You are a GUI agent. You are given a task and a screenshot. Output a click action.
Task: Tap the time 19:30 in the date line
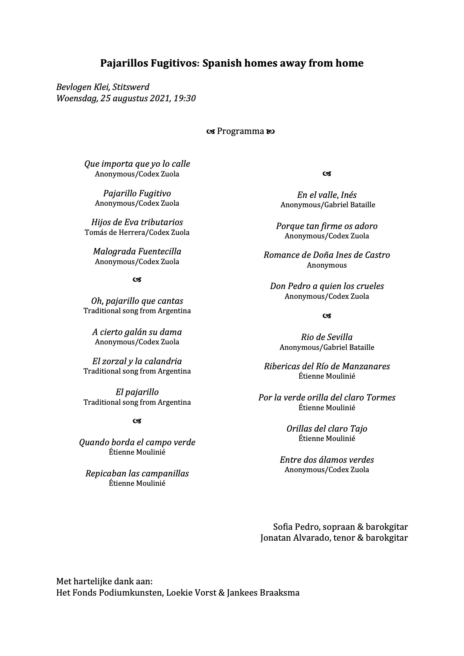(184, 98)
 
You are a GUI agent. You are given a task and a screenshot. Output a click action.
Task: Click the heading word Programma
(241, 131)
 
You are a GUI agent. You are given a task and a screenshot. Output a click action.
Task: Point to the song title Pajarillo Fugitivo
(137, 193)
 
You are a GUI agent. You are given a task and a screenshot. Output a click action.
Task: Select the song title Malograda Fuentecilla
(137, 251)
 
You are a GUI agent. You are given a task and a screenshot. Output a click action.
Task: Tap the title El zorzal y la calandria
(137, 361)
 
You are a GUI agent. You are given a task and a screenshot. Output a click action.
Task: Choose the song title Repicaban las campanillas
(137, 473)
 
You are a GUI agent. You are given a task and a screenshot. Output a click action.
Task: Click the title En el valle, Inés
(327, 195)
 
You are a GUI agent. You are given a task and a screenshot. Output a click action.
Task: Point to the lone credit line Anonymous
(327, 265)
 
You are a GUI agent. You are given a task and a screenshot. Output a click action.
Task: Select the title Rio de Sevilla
(327, 337)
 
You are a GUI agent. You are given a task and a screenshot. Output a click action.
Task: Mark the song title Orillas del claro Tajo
(327, 429)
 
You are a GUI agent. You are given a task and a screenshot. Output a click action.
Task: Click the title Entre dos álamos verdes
(327, 460)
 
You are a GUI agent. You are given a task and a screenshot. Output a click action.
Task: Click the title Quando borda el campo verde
(137, 442)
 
